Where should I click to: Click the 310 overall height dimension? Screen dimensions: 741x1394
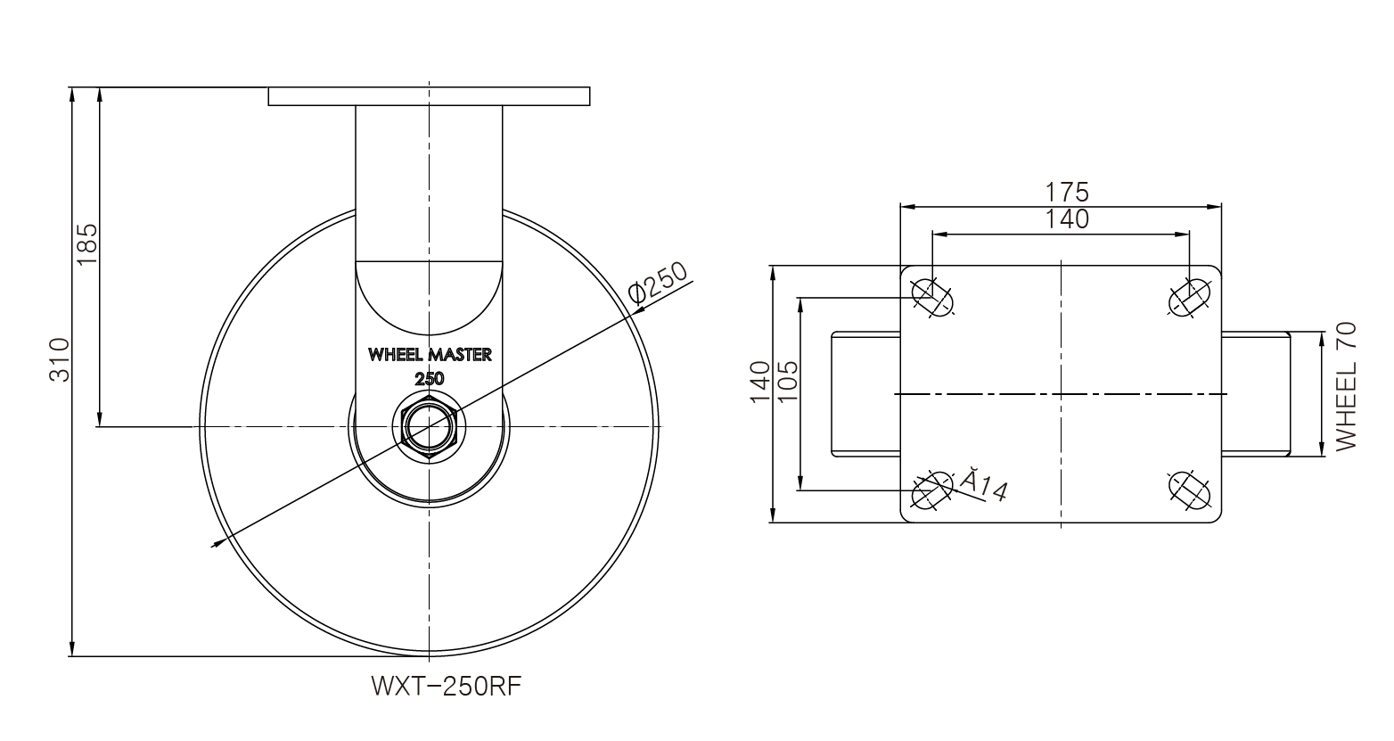coord(59,360)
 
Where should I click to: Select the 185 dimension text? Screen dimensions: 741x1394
coord(87,244)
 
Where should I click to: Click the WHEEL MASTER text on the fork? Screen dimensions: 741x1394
coord(430,355)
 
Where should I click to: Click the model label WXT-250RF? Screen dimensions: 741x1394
coord(446,687)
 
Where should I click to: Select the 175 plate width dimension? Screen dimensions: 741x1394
coord(1067,192)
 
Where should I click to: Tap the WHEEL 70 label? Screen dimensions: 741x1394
coord(1345,386)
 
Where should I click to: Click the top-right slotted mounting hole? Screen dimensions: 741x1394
coord(1189,297)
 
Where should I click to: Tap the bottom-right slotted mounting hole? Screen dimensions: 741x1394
coord(1189,489)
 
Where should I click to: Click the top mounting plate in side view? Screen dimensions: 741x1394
coord(429,96)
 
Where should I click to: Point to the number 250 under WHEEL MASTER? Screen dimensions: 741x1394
coord(430,378)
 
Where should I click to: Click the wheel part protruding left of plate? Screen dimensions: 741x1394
coord(865,394)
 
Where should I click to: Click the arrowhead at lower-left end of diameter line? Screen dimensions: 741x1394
coord(215,542)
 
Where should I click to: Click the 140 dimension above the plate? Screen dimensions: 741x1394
coord(1067,219)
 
